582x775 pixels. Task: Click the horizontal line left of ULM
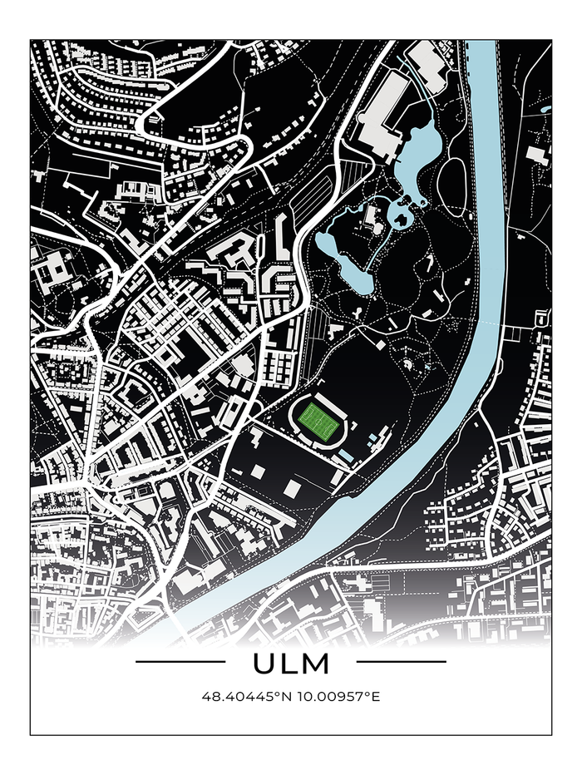coord(180,662)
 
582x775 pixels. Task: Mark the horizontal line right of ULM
coord(401,662)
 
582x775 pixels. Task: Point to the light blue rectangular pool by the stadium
coord(346,454)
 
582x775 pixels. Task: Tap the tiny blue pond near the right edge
coord(545,109)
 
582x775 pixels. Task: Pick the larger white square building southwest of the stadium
coord(292,487)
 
